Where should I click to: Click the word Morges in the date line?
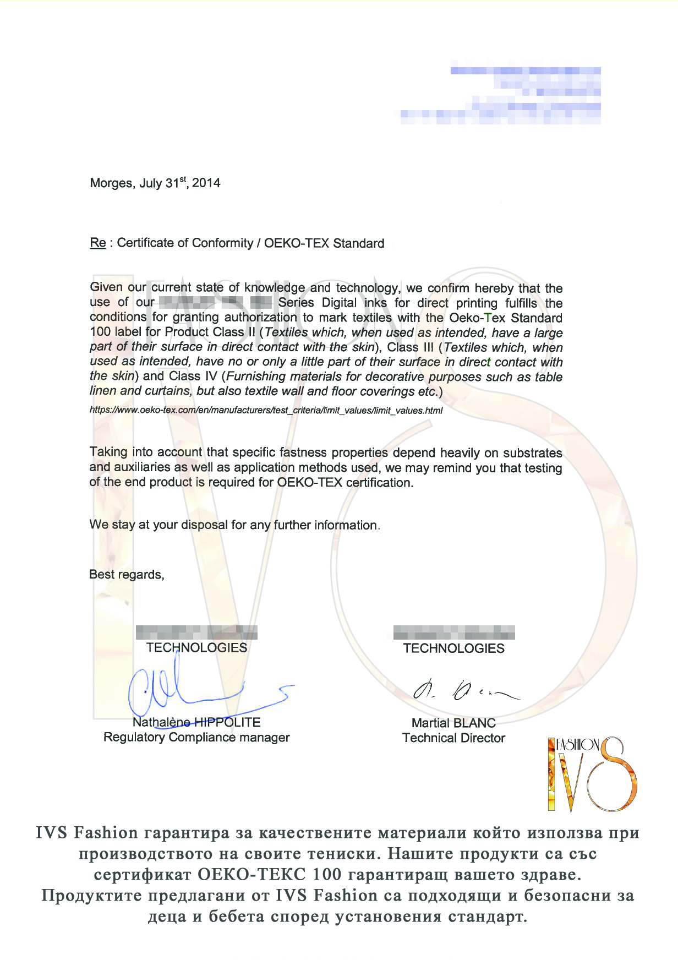pyautogui.click(x=111, y=183)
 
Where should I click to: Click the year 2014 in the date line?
pyautogui.click(x=206, y=183)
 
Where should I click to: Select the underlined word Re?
pyautogui.click(x=98, y=243)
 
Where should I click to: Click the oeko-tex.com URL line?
pyautogui.click(x=266, y=410)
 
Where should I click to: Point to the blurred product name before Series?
pyautogui.click(x=215, y=302)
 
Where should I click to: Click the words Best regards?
pyautogui.click(x=127, y=575)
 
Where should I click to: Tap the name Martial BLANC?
pyautogui.click(x=453, y=723)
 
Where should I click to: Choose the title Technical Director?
pyautogui.click(x=453, y=738)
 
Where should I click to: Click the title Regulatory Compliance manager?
pyautogui.click(x=196, y=738)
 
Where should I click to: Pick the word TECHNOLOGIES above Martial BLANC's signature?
pyautogui.click(x=453, y=648)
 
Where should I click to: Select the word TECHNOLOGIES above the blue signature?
pyautogui.click(x=196, y=648)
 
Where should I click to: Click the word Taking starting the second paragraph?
pyautogui.click(x=108, y=452)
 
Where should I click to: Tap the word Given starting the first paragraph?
pyautogui.click(x=106, y=287)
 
